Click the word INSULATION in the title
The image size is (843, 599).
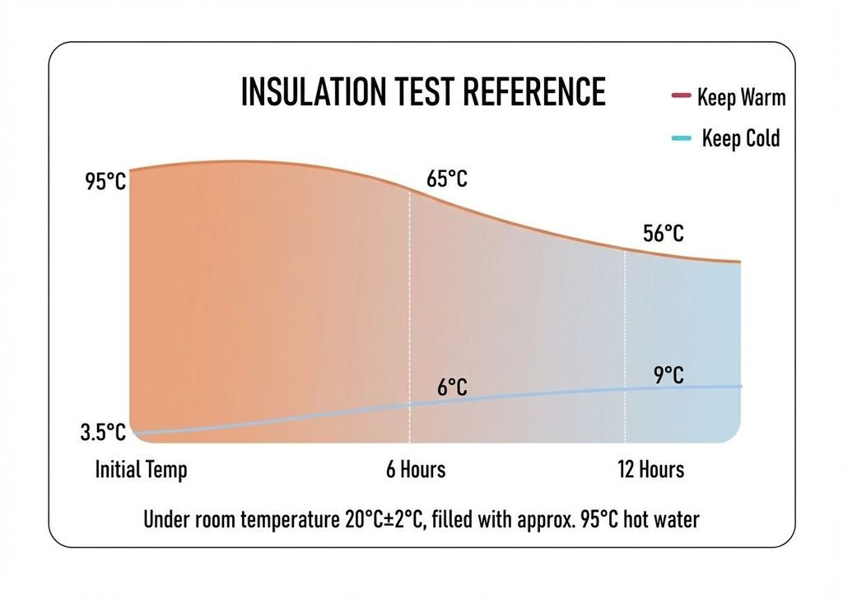pyautogui.click(x=311, y=91)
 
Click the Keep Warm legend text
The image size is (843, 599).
pyautogui.click(x=741, y=98)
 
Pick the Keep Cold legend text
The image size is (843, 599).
pyautogui.click(x=740, y=138)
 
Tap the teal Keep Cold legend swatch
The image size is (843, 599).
pyautogui.click(x=680, y=138)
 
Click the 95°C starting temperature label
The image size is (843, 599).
pyautogui.click(x=106, y=182)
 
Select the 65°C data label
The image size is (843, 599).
pyautogui.click(x=447, y=178)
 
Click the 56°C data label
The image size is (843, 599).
pyautogui.click(x=663, y=234)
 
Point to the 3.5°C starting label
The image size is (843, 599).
pyautogui.click(x=104, y=433)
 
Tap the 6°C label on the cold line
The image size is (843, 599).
pyautogui.click(x=452, y=388)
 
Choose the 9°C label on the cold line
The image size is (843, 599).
pyautogui.click(x=668, y=376)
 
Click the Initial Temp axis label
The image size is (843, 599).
pyautogui.click(x=142, y=470)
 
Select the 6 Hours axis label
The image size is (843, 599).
pyautogui.click(x=416, y=470)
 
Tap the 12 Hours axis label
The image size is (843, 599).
pyautogui.click(x=650, y=470)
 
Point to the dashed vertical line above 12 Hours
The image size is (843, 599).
pyautogui.click(x=626, y=329)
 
